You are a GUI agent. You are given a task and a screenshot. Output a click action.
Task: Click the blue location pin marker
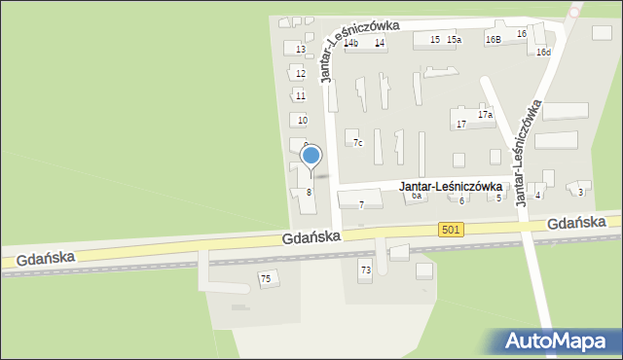tap(311, 156)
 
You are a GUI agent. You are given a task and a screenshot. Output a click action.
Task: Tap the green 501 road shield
tap(449, 229)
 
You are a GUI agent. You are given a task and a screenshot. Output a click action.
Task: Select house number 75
tap(265, 279)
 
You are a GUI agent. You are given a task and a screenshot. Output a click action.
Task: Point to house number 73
tap(366, 270)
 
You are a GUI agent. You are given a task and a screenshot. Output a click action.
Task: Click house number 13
tap(301, 50)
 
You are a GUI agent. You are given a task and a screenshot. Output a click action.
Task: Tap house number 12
tap(301, 73)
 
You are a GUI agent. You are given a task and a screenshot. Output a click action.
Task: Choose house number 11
tap(301, 95)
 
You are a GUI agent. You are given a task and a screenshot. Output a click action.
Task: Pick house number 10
tap(303, 120)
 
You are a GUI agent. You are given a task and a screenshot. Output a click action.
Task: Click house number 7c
tap(358, 143)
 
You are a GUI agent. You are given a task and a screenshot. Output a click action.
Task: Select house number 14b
tap(351, 43)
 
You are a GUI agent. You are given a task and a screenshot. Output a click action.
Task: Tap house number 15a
tap(454, 39)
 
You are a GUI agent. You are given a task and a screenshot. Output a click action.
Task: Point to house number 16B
tap(494, 40)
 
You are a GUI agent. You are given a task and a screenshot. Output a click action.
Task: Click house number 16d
tap(543, 52)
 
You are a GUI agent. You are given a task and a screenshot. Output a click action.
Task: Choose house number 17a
tap(485, 114)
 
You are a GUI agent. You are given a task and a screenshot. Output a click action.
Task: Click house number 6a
tap(417, 196)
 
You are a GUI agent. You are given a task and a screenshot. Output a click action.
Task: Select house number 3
tap(580, 192)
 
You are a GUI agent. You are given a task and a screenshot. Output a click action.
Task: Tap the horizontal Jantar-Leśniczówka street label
tap(451, 185)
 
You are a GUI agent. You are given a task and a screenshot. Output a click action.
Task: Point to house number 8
tap(309, 192)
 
